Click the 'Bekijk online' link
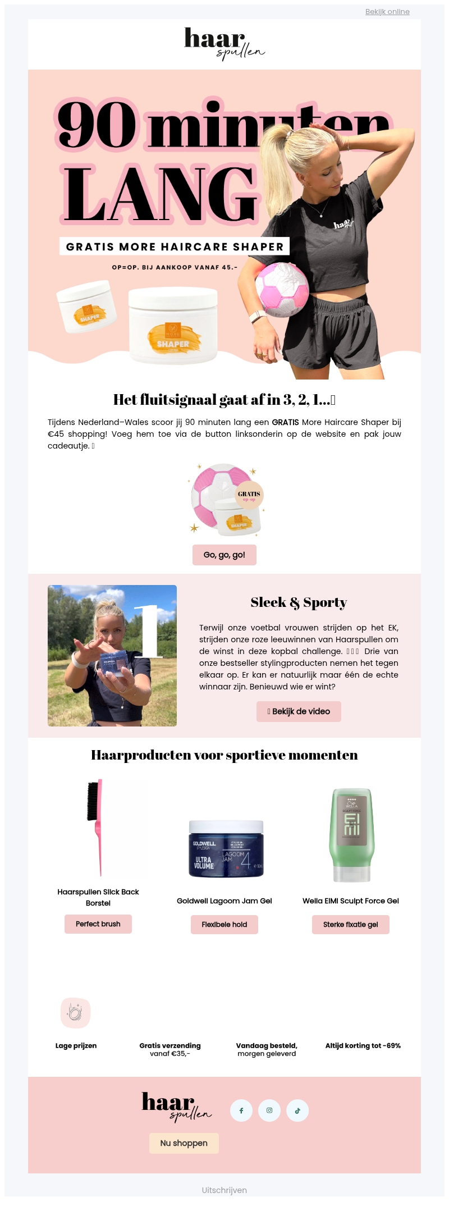click(387, 12)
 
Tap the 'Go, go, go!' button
click(224, 555)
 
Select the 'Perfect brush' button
click(98, 924)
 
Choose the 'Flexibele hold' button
click(224, 925)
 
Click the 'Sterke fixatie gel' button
click(351, 925)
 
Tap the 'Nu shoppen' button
click(184, 1143)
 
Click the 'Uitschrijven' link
click(224, 1190)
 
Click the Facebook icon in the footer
click(241, 1111)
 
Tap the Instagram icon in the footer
click(269, 1111)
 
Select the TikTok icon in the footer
click(297, 1111)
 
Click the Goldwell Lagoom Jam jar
click(226, 849)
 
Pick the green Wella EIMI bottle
click(351, 835)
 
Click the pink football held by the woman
click(282, 289)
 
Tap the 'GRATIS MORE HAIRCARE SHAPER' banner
click(175, 246)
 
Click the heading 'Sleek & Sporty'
click(299, 602)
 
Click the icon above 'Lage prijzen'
click(76, 1013)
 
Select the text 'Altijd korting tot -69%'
click(363, 1046)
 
